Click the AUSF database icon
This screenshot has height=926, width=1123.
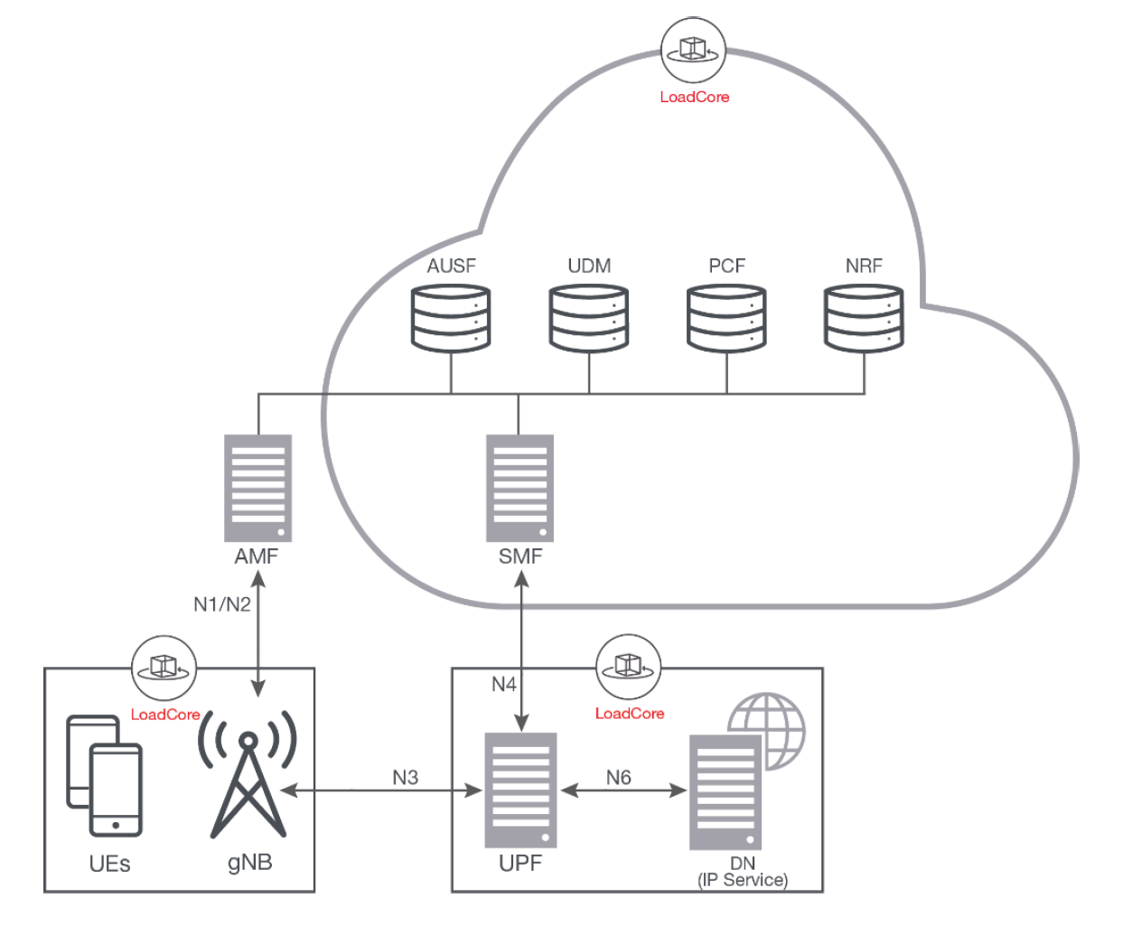[x=451, y=318]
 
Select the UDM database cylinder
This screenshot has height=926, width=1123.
[x=589, y=318]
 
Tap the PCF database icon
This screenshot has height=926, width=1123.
[x=726, y=318]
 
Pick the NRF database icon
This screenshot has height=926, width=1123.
[x=864, y=318]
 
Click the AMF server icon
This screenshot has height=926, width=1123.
[x=258, y=488]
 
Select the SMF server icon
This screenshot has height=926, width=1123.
[x=519, y=488]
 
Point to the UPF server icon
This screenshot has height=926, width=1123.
[x=520, y=790]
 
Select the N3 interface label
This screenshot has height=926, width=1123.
[x=406, y=777]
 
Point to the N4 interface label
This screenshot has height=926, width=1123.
[x=504, y=684]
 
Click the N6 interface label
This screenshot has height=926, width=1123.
[x=619, y=777]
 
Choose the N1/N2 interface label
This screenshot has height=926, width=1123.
[x=222, y=604]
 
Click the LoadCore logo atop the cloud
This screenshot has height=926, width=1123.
[x=693, y=51]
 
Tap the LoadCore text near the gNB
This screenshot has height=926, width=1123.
[x=165, y=715]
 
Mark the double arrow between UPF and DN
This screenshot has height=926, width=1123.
[x=623, y=790]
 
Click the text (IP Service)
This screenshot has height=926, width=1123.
[x=743, y=880]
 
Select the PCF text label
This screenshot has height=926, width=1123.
[x=726, y=266]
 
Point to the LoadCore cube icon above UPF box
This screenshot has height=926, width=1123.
[x=628, y=667]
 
